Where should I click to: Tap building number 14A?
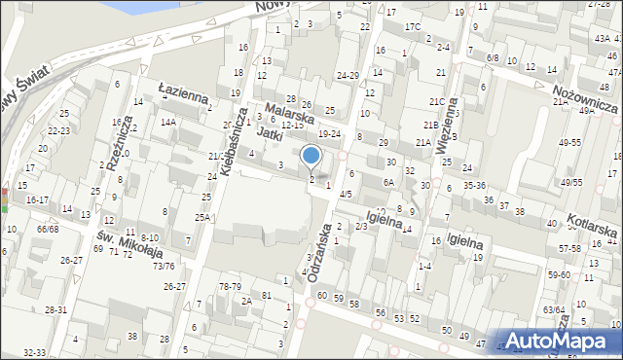click(168, 122)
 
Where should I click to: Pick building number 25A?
click(202, 217)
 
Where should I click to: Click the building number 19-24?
click(330, 133)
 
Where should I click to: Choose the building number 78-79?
click(230, 286)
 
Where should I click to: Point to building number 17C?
click(414, 26)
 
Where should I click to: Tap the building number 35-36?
click(474, 184)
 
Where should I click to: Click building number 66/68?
click(47, 229)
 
